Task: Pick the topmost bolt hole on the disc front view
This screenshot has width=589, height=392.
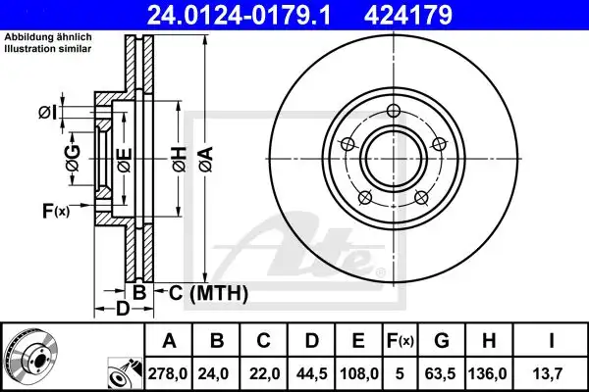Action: click(x=393, y=110)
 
